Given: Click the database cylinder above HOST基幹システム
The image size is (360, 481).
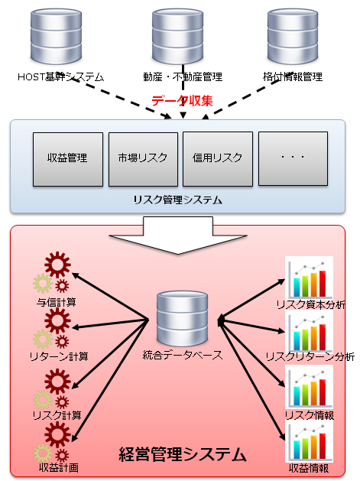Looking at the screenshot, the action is pyautogui.click(x=56, y=36).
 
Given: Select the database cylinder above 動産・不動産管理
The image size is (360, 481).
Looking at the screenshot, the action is pyautogui.click(x=178, y=36).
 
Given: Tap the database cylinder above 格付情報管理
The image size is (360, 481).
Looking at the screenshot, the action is pyautogui.click(x=293, y=36).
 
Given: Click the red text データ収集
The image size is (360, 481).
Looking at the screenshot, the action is pyautogui.click(x=182, y=101).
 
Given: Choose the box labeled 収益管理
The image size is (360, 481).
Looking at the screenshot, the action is pyautogui.click(x=68, y=159).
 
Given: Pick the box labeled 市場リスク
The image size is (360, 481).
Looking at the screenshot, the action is pyautogui.click(x=143, y=159).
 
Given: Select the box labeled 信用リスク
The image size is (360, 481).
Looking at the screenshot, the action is pyautogui.click(x=218, y=159).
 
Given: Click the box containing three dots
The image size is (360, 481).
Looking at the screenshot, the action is pyautogui.click(x=294, y=158).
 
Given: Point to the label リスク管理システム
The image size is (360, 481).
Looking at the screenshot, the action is pyautogui.click(x=178, y=200).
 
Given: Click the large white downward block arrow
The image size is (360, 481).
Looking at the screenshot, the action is pyautogui.click(x=178, y=235).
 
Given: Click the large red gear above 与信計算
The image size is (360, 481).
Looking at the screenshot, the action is pyautogui.click(x=57, y=265).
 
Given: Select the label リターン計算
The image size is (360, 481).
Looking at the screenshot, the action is pyautogui.click(x=59, y=356).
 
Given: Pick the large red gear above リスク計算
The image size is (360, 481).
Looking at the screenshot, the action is pyautogui.click(x=57, y=382).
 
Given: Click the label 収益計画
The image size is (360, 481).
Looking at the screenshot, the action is pyautogui.click(x=59, y=468).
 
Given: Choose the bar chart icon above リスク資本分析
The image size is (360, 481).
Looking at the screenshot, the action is pyautogui.click(x=309, y=277).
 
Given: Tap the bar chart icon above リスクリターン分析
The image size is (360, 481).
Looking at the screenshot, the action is pyautogui.click(x=309, y=332).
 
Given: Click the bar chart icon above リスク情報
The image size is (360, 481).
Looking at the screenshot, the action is pyautogui.click(x=309, y=386).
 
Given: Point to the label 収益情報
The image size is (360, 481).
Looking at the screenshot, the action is pyautogui.click(x=309, y=468).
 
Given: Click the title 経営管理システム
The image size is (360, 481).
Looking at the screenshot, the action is pyautogui.click(x=183, y=454).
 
